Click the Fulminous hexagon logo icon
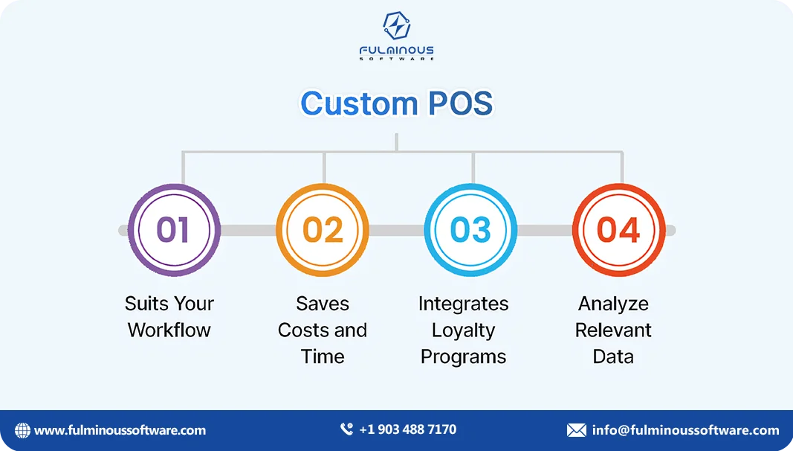(x=396, y=26)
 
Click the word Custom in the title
(x=346, y=103)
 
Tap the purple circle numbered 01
(x=174, y=229)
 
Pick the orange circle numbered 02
(x=323, y=229)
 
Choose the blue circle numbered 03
(x=470, y=229)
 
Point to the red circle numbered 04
(x=618, y=229)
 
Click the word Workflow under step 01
(x=169, y=330)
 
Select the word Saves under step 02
(x=323, y=304)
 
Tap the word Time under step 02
(x=323, y=356)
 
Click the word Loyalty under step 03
(x=463, y=330)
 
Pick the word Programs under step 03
(x=463, y=356)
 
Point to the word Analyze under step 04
(x=613, y=304)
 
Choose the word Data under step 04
(x=613, y=356)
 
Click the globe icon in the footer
(x=22, y=430)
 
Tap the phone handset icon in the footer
(x=346, y=429)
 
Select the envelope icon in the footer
(x=576, y=430)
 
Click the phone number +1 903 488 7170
(x=407, y=429)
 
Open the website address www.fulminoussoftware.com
(x=120, y=430)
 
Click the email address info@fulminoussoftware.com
(x=685, y=430)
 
